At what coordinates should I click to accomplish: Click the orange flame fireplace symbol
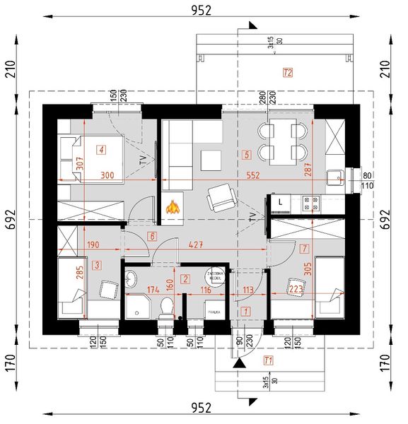[x=172, y=207]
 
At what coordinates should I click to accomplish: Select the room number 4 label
[x=103, y=149]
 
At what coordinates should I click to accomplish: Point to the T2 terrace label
[x=287, y=72]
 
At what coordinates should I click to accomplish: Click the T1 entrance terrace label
[x=267, y=360]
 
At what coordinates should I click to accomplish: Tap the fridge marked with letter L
[x=281, y=204]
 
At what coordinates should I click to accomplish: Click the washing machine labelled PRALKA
[x=213, y=309]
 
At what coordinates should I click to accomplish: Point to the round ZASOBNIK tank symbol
[x=215, y=276]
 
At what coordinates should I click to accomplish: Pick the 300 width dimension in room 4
[x=107, y=175]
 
